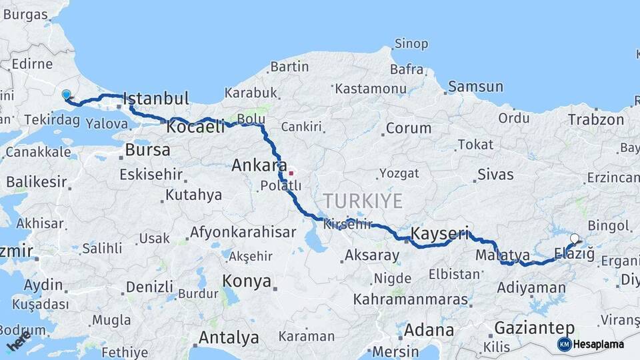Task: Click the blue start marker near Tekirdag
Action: click(x=66, y=95)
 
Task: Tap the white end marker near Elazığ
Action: click(x=575, y=238)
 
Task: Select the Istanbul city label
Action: click(x=157, y=98)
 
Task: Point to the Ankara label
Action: click(x=259, y=165)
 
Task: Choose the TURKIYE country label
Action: click(x=363, y=201)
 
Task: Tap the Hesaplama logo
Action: click(x=591, y=344)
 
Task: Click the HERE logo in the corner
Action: click(x=19, y=341)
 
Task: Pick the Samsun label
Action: click(x=475, y=87)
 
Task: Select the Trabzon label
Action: click(x=596, y=120)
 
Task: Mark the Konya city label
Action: click(x=247, y=280)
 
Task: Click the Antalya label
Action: click(x=229, y=337)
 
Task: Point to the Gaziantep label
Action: click(x=535, y=328)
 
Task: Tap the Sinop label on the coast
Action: click(x=411, y=44)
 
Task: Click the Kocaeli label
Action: click(x=196, y=127)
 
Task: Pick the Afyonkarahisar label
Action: click(x=243, y=233)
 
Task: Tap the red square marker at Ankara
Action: click(x=291, y=173)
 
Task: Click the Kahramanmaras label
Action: click(x=411, y=299)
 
